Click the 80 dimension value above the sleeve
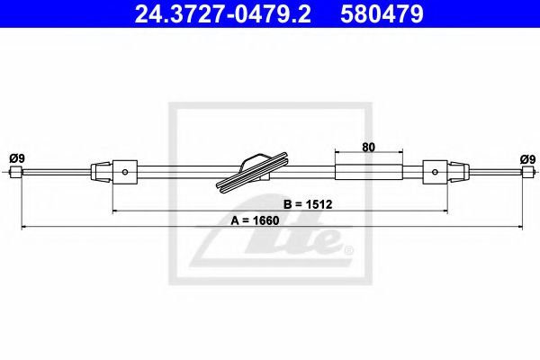tap(368, 146)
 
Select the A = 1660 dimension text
tap(257, 219)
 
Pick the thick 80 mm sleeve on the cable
tap(368, 169)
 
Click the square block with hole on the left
tap(126, 169)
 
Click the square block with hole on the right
tap(435, 169)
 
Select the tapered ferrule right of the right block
tap(459, 169)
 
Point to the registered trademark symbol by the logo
tap(348, 250)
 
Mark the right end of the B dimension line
tap(447, 211)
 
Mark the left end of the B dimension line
tap(112, 211)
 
